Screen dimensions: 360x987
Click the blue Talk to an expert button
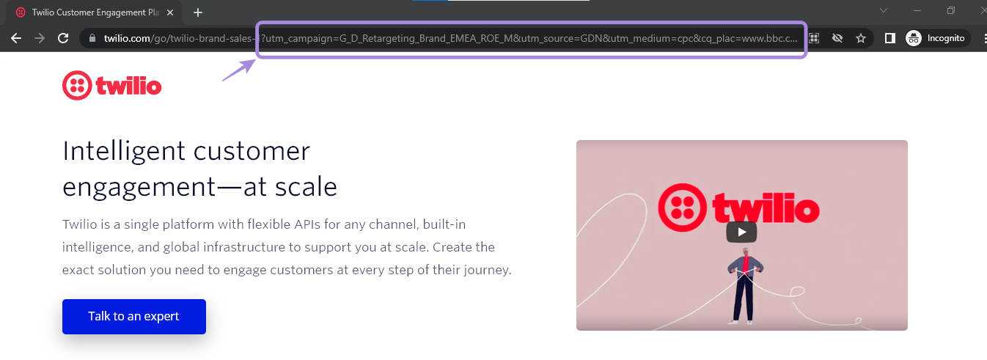coord(133,317)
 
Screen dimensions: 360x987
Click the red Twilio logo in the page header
coord(112,86)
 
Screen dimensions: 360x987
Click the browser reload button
coord(63,38)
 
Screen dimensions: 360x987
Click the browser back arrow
coord(16,38)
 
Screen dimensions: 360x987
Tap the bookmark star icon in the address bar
coord(861,38)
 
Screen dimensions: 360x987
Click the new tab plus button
coord(198,12)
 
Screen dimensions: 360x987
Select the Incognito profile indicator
coord(936,38)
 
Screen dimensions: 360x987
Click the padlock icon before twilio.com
coord(92,38)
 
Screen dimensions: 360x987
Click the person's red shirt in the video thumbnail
coord(745,263)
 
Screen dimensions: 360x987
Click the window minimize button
coord(917,11)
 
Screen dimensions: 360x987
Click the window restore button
coord(950,11)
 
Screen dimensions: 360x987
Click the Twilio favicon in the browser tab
coord(20,12)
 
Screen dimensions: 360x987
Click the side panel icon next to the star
coord(889,38)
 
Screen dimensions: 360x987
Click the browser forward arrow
coord(40,38)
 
